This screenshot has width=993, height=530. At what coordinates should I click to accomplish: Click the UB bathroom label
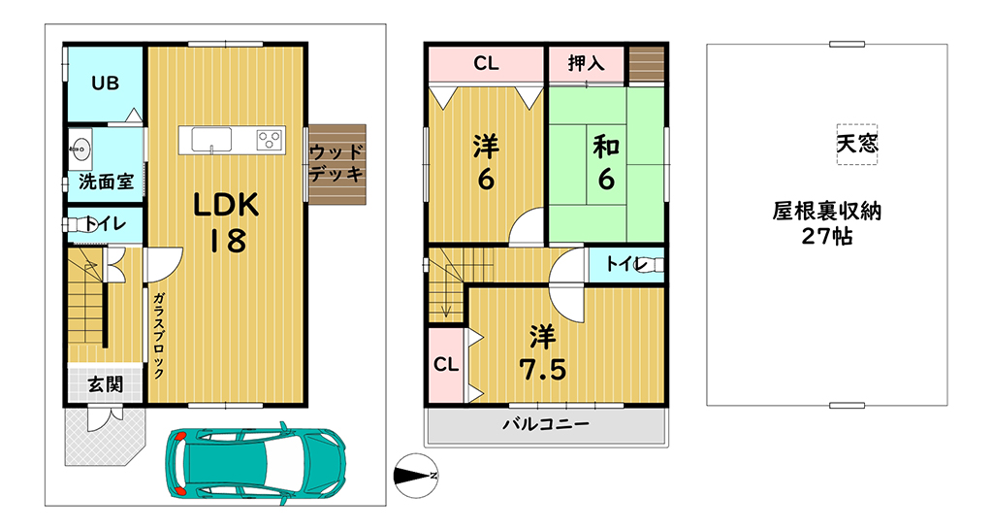click(105, 83)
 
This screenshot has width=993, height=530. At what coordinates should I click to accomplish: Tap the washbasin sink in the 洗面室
click(80, 150)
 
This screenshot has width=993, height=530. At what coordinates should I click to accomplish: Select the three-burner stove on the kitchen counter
click(270, 140)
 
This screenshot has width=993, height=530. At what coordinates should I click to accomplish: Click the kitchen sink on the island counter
click(211, 140)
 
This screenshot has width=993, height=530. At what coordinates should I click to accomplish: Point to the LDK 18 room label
click(227, 222)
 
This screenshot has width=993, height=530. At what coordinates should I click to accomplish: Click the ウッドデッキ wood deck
click(336, 164)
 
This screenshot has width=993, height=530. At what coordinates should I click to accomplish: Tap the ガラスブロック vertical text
click(159, 335)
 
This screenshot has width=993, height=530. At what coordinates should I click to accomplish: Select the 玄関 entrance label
click(106, 384)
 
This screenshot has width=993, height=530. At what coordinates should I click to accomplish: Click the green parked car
click(256, 460)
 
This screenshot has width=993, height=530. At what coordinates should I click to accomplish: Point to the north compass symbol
click(415, 476)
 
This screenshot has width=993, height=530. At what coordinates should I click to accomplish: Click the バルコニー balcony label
click(546, 424)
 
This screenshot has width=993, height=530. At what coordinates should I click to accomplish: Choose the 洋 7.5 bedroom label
click(543, 353)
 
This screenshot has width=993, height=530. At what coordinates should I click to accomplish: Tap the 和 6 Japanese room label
click(606, 164)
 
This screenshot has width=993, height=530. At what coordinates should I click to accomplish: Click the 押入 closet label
click(587, 63)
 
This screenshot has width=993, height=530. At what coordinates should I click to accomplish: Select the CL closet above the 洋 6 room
click(486, 64)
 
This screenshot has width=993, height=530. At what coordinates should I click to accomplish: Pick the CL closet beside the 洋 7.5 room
click(446, 365)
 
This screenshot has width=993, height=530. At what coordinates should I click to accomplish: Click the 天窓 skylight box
click(857, 144)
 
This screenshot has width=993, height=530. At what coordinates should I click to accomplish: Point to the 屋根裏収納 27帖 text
click(827, 223)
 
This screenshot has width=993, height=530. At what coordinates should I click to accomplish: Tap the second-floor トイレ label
click(625, 263)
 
